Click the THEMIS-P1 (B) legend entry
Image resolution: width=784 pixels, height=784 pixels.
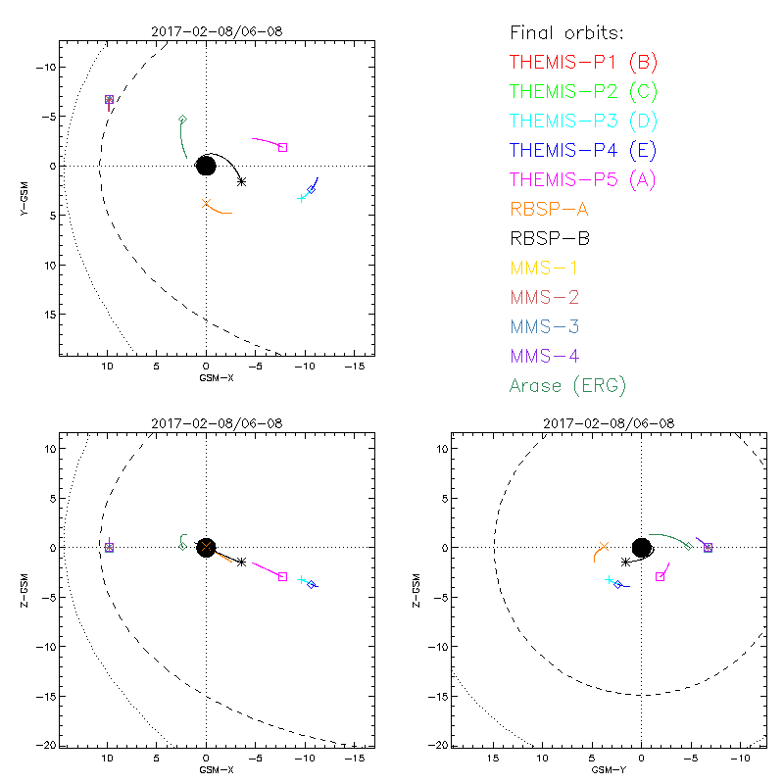tap(583, 63)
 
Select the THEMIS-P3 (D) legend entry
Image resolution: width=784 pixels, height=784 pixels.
tap(583, 122)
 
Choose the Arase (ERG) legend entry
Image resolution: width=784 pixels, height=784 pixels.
tap(567, 385)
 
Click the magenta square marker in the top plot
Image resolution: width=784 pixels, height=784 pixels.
tap(282, 148)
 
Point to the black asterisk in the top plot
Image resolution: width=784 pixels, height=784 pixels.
tap(241, 181)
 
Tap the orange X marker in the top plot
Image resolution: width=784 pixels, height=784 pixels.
tap(206, 204)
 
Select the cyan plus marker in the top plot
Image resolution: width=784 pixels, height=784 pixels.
tap(301, 198)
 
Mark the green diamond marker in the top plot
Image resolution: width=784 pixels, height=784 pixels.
tap(182, 120)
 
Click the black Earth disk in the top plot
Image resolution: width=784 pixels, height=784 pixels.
tap(206, 166)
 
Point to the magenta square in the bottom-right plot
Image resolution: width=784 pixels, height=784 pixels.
tap(660, 576)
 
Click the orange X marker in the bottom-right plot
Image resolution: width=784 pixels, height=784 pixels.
tap(604, 547)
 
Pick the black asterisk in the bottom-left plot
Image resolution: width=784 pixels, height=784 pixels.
tap(241, 562)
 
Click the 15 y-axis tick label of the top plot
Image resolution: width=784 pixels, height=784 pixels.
tap(46, 315)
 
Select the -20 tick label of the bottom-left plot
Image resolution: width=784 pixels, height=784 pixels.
tap(43, 745)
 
